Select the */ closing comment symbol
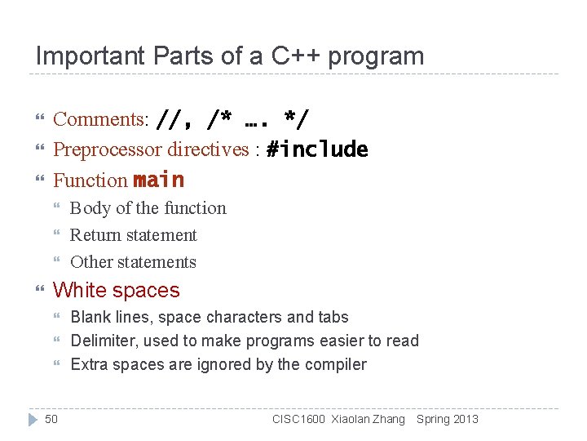click(297, 120)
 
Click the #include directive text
click(317, 149)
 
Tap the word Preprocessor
click(108, 149)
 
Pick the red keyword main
click(158, 180)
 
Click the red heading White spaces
click(116, 291)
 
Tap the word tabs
click(333, 318)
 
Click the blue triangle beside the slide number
click(33, 419)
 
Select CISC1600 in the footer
click(298, 420)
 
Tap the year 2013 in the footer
click(465, 420)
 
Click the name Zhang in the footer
click(388, 420)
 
